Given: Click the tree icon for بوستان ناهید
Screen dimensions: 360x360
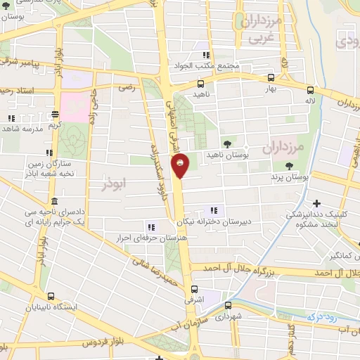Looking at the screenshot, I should (226, 143).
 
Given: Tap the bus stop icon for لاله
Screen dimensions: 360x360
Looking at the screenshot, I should (310, 89).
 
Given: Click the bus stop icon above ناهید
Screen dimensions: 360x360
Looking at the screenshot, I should (201, 82).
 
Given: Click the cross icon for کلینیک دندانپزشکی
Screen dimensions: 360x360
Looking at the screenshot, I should (316, 204).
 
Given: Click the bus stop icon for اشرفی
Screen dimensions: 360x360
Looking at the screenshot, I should (195, 289).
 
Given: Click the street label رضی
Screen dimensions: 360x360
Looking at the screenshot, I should (127, 89).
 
